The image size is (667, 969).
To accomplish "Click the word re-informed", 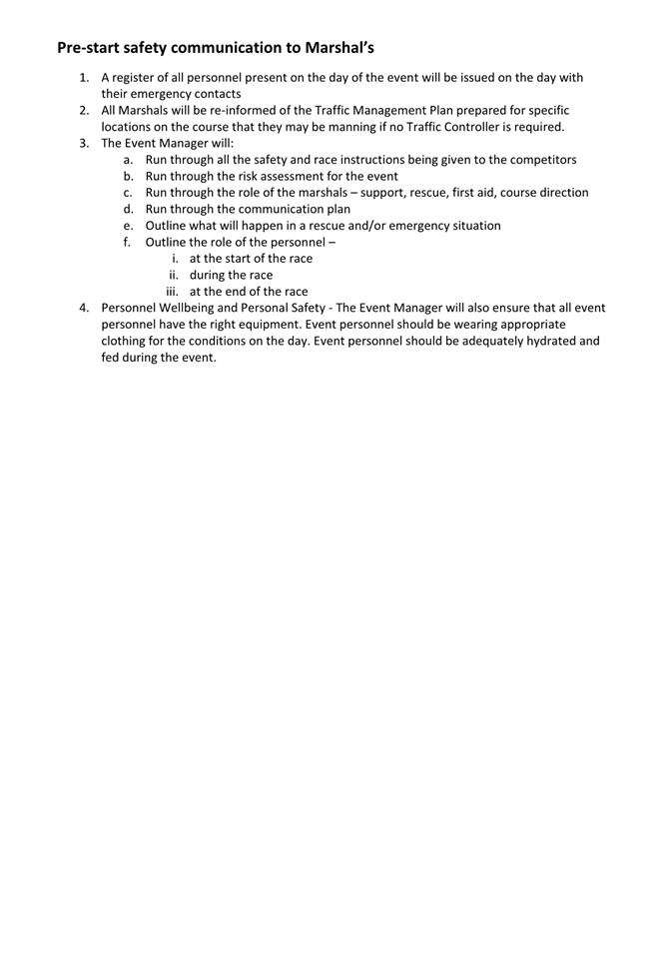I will click(250, 111).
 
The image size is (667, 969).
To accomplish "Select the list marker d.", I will click(128, 209).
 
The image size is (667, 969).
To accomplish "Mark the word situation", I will click(473, 226).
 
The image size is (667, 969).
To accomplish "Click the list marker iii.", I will click(174, 292).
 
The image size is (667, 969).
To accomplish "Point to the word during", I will click(211, 275).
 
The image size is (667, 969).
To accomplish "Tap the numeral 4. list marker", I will click(86, 308).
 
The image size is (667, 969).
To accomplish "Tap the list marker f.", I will click(128, 242).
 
